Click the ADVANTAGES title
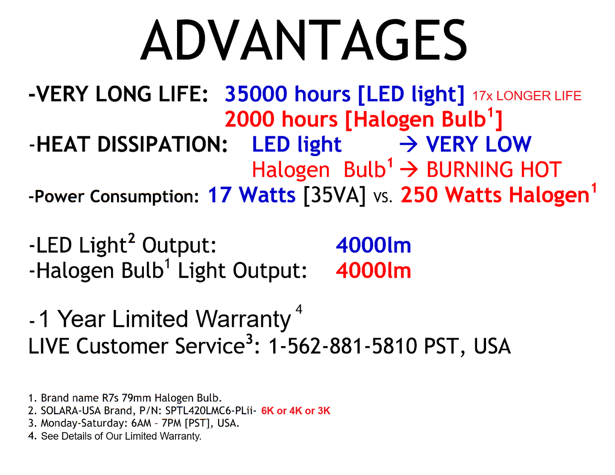304,41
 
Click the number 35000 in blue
256,94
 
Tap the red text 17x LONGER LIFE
526,96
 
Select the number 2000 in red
250,119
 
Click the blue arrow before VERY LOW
409,145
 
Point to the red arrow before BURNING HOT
409,170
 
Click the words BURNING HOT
494,170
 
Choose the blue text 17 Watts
252,195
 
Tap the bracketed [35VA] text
335,196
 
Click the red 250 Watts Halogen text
495,195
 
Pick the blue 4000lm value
373,245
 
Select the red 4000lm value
373,271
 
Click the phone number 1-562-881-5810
343,346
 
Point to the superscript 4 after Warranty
299,309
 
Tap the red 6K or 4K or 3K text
296,411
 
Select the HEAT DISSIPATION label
132,145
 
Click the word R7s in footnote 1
110,398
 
